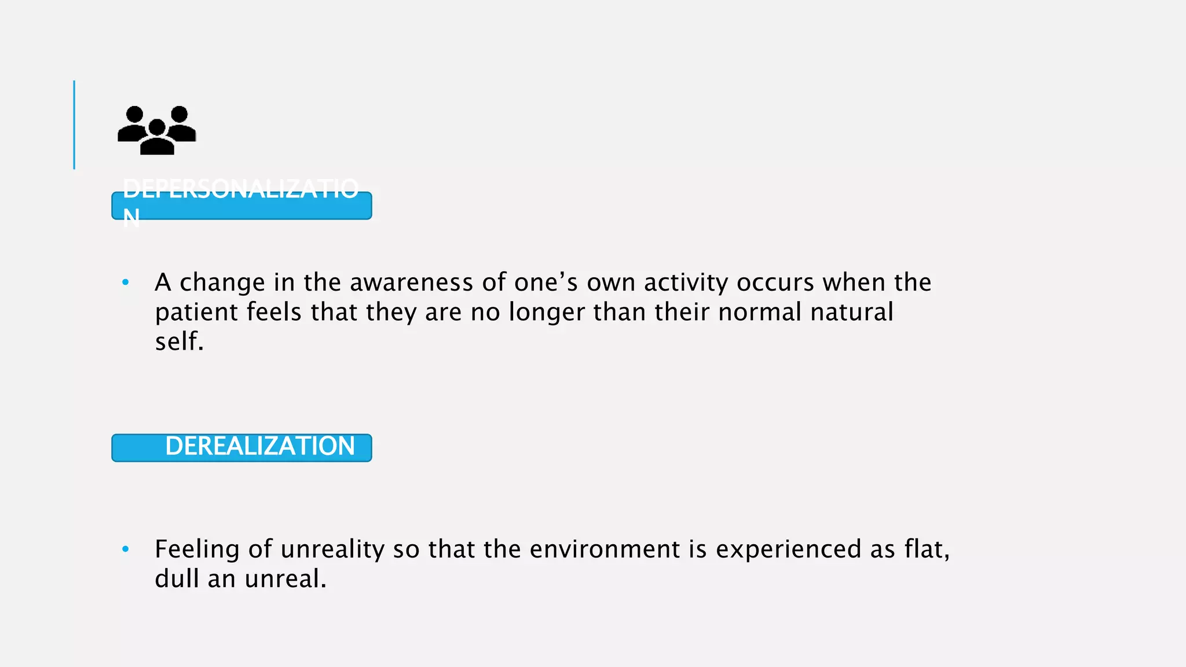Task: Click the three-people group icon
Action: click(x=156, y=130)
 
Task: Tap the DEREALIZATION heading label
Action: click(x=259, y=446)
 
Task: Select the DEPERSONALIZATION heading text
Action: click(x=240, y=189)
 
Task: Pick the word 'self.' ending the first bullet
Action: click(x=180, y=342)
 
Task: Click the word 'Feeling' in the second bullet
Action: click(x=197, y=549)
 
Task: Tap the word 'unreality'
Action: click(x=332, y=549)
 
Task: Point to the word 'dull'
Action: click(x=177, y=578)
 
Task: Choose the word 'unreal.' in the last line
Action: click(x=285, y=578)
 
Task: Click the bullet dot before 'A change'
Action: click(x=126, y=283)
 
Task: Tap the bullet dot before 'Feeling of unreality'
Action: click(x=126, y=549)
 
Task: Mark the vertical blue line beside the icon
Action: click(x=74, y=124)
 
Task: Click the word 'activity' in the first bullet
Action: click(x=686, y=283)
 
